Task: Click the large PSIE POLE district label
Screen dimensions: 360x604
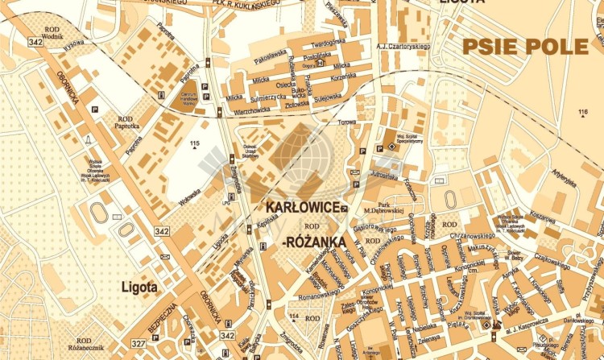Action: (524, 47)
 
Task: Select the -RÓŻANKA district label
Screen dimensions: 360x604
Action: (314, 241)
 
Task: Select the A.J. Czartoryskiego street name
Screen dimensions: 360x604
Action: (403, 46)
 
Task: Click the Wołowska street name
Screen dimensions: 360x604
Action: (190, 195)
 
